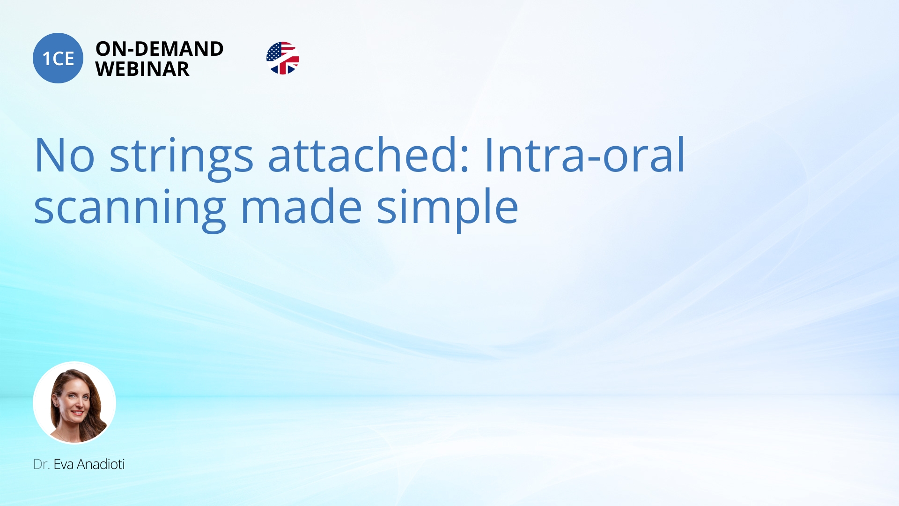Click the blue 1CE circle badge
point(58,58)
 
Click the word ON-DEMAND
point(159,49)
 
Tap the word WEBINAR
point(142,69)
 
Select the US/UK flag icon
point(283,58)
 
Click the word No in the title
point(65,155)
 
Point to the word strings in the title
point(181,158)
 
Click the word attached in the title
point(361,154)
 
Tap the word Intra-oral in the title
point(584,154)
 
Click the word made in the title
point(301,206)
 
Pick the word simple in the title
point(447,208)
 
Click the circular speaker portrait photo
point(74,402)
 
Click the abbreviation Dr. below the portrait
point(41,464)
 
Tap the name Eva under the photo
point(64,464)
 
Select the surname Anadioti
point(101,464)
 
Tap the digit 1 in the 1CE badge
point(46,59)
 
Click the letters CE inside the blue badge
point(63,59)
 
